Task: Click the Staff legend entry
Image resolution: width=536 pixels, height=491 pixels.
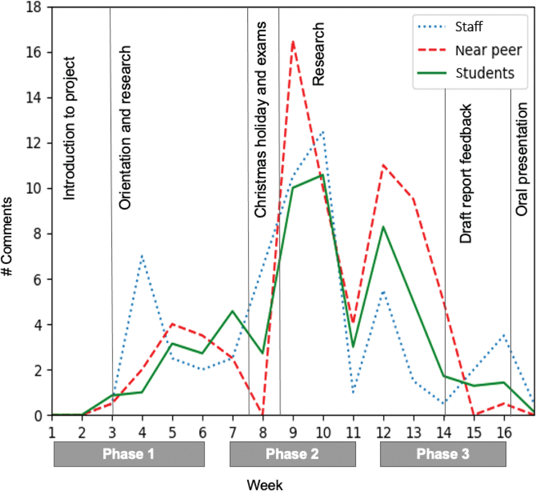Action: (468, 27)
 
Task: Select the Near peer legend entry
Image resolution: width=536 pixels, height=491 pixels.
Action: (488, 50)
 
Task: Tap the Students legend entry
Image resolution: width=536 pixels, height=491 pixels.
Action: (485, 73)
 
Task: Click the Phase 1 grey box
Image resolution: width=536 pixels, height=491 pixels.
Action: (129, 454)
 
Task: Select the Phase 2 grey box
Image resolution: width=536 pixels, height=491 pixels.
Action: (293, 454)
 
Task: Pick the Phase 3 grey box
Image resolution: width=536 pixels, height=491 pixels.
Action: (443, 454)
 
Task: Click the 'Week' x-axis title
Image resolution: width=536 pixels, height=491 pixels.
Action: (265, 485)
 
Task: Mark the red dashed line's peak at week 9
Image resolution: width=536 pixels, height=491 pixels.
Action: (293, 41)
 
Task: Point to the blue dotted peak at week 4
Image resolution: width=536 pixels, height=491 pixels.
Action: (142, 256)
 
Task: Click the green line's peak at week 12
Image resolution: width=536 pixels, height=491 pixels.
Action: (383, 227)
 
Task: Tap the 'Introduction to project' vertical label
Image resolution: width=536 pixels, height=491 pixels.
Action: (69, 129)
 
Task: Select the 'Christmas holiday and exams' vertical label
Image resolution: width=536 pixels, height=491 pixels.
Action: (260, 120)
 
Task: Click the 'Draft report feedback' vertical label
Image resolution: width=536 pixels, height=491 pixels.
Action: (466, 174)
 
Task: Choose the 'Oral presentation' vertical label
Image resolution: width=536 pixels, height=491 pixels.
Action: (522, 159)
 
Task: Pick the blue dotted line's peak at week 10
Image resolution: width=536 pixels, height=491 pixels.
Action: (323, 132)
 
